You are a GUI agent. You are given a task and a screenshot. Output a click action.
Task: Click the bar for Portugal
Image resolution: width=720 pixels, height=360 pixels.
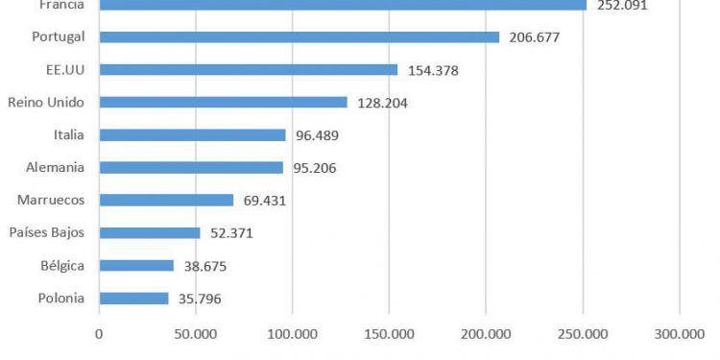(299, 37)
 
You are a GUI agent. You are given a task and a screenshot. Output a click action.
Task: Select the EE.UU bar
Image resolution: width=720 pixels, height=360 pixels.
(248, 70)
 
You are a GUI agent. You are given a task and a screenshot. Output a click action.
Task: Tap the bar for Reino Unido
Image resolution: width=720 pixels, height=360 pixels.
(223, 103)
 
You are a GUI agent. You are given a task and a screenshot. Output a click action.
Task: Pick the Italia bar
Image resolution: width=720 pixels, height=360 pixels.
(192, 135)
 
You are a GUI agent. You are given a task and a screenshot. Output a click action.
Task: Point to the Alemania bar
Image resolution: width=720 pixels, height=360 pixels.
(191, 167)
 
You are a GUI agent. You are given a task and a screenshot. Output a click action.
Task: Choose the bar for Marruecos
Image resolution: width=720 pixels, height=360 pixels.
(166, 200)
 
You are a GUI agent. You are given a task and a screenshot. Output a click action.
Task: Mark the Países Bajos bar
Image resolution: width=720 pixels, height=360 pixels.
(150, 232)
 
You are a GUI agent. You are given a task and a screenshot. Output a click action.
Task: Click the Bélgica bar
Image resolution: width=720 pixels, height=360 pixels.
(136, 265)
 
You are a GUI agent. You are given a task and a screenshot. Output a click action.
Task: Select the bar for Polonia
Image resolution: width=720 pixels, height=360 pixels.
(133, 298)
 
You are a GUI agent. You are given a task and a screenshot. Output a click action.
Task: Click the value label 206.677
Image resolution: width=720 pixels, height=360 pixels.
(535, 37)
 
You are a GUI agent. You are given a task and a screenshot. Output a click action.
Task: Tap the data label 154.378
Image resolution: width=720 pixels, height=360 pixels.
(433, 70)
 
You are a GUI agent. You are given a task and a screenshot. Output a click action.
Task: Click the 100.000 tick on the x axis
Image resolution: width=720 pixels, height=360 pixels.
(292, 334)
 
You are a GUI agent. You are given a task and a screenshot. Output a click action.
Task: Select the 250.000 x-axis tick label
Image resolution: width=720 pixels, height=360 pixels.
(583, 334)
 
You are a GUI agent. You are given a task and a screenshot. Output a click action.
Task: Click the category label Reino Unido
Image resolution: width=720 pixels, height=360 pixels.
(46, 103)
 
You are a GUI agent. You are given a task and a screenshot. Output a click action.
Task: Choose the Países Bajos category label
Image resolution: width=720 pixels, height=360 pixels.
(46, 232)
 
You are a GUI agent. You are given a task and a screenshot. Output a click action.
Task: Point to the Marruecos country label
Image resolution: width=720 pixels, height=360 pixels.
(51, 200)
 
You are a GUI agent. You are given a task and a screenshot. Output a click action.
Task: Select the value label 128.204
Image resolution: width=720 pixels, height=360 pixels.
(382, 103)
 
